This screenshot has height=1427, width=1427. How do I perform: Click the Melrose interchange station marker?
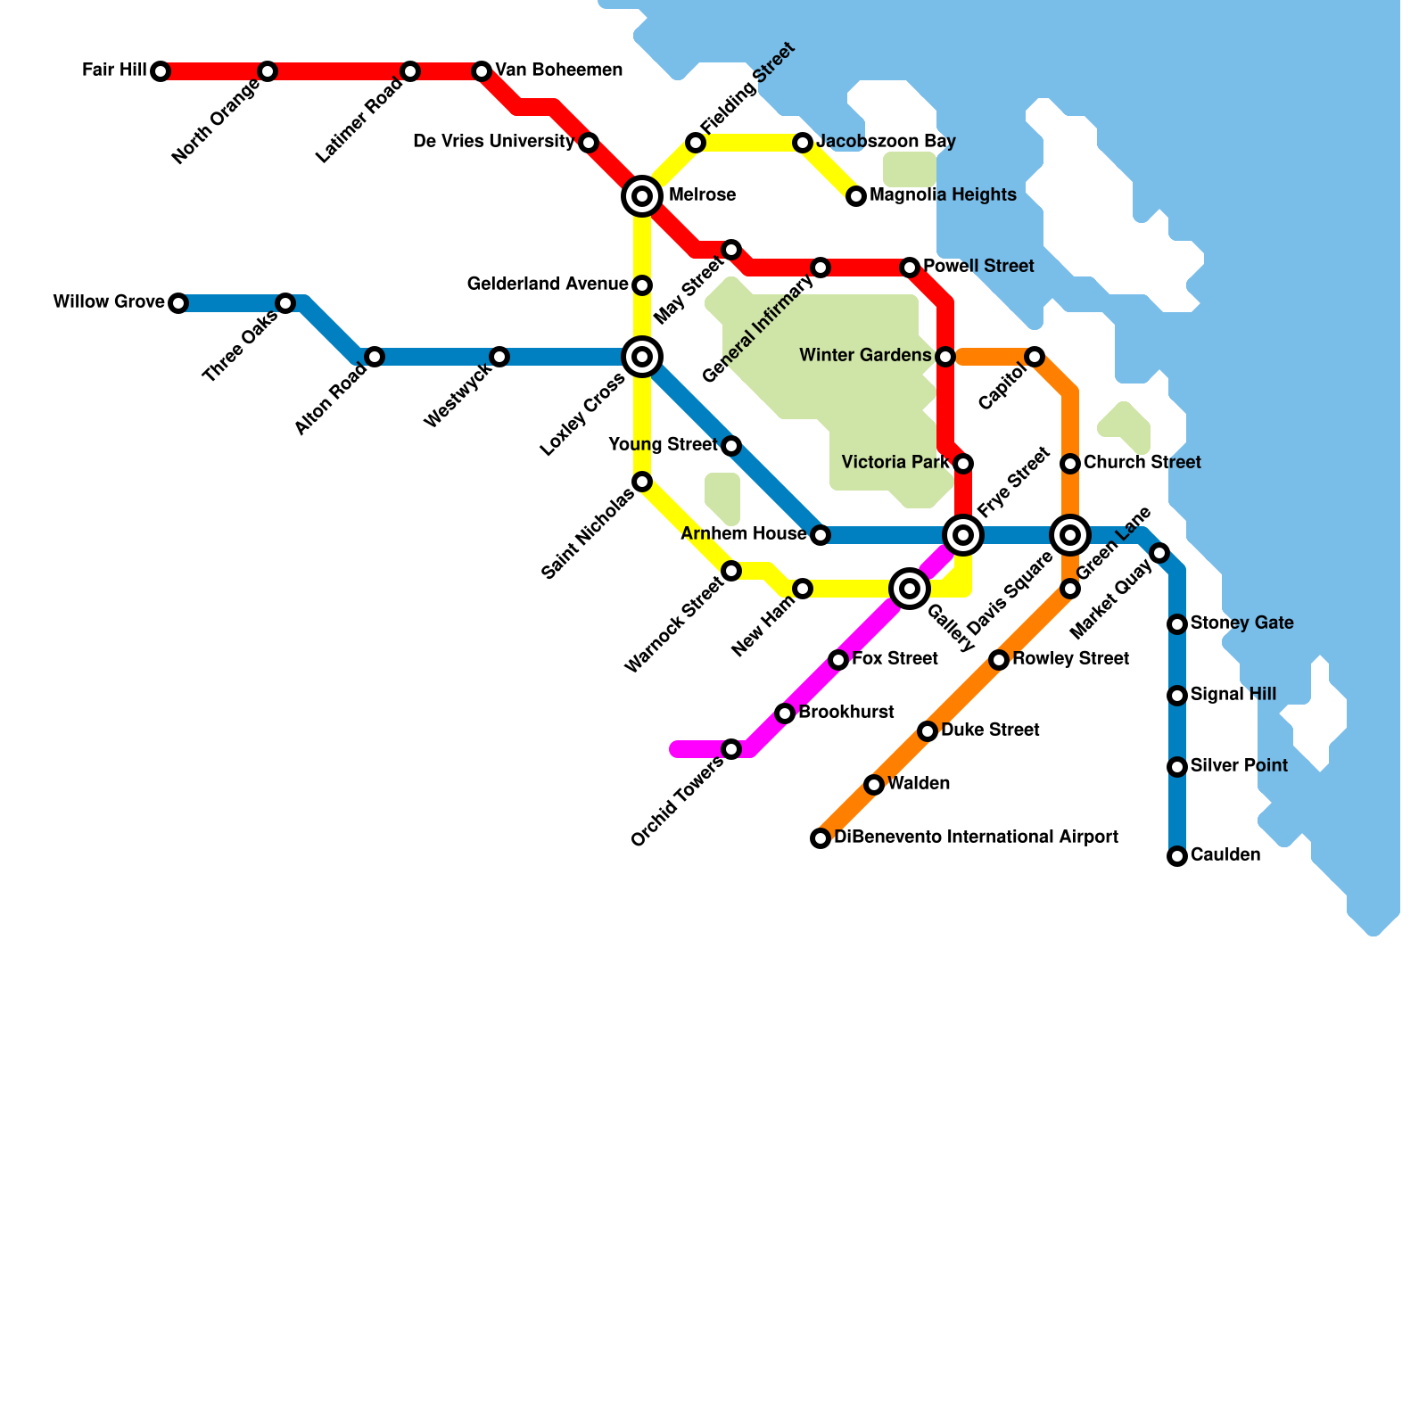642,196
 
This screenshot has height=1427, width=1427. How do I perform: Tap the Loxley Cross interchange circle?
642,357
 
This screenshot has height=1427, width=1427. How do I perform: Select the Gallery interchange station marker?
910,589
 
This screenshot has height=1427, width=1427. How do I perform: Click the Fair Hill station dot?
161,71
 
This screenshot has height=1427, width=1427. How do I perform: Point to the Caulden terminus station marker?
1177,856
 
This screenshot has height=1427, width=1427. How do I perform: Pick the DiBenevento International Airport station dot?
821,838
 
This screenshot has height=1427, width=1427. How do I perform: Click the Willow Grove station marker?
178,303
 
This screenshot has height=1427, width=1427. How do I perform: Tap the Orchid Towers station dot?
731,749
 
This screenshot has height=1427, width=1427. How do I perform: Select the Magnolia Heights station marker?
856,196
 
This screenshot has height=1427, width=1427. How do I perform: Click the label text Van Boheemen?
558,70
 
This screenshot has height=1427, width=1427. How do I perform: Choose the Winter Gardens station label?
865,356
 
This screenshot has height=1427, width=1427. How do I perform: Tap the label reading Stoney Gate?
1241,623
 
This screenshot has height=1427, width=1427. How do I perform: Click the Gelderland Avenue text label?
548,285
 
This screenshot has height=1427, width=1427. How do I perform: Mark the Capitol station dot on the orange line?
1035,357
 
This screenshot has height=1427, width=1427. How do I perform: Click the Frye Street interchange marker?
963,535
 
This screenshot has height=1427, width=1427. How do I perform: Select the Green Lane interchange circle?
1070,535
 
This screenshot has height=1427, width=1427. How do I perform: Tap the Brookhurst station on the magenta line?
785,713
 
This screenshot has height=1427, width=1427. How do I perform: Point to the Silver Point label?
1239,766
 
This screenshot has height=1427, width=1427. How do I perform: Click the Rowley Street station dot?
999,660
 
